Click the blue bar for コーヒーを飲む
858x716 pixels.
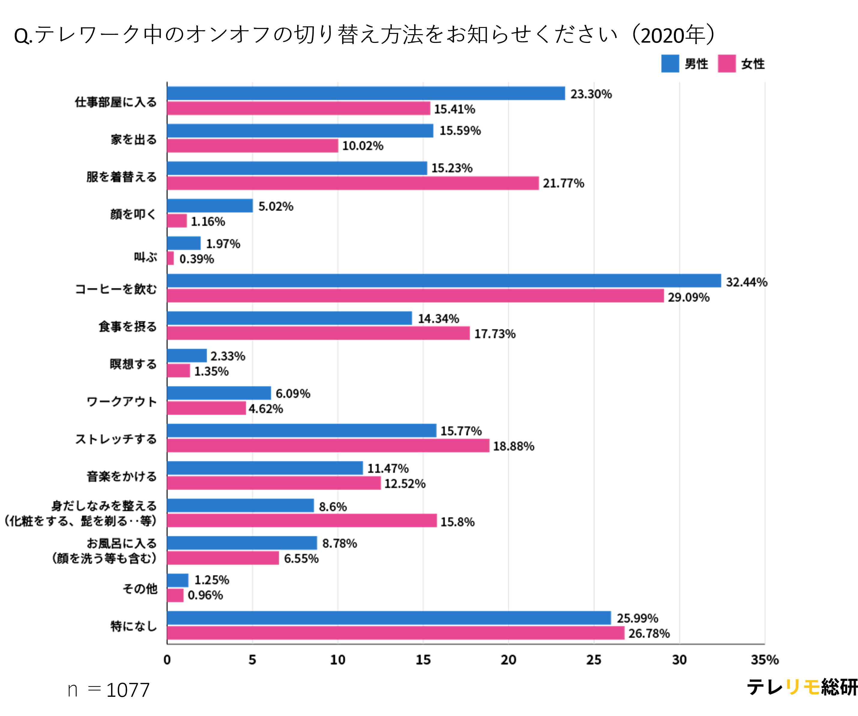(444, 281)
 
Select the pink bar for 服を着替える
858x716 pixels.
(353, 183)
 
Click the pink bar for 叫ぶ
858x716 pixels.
(171, 258)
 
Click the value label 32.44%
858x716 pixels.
(746, 282)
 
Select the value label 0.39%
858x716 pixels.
(197, 259)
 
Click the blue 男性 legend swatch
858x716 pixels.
(670, 64)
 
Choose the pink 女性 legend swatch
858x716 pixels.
(727, 64)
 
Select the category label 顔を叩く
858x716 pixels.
(133, 214)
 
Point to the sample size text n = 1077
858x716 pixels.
(109, 690)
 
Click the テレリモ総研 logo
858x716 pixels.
(802, 687)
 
